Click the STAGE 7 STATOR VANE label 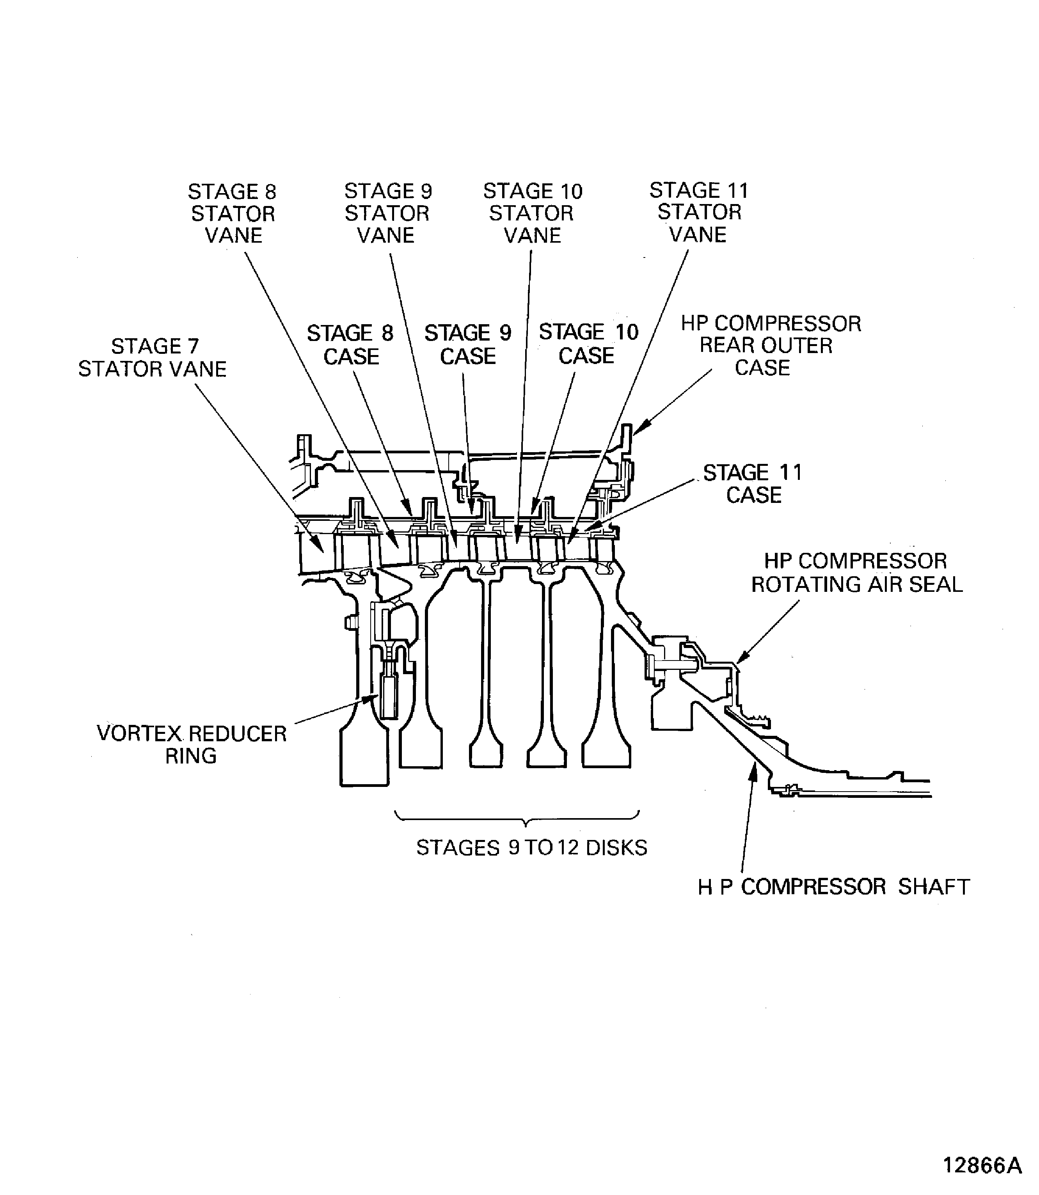(153, 358)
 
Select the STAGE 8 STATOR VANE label (233, 213)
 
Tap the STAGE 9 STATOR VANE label (387, 213)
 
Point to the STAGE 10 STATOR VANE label (532, 213)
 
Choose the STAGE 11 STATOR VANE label (699, 212)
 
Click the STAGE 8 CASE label (350, 344)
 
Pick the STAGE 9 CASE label (468, 344)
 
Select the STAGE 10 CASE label (588, 344)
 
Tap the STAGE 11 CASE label (753, 483)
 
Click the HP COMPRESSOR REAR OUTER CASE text (769, 346)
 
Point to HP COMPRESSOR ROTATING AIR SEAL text (856, 573)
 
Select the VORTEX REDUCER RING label (191, 744)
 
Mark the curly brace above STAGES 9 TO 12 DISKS (525, 819)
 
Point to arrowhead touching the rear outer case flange (639, 430)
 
